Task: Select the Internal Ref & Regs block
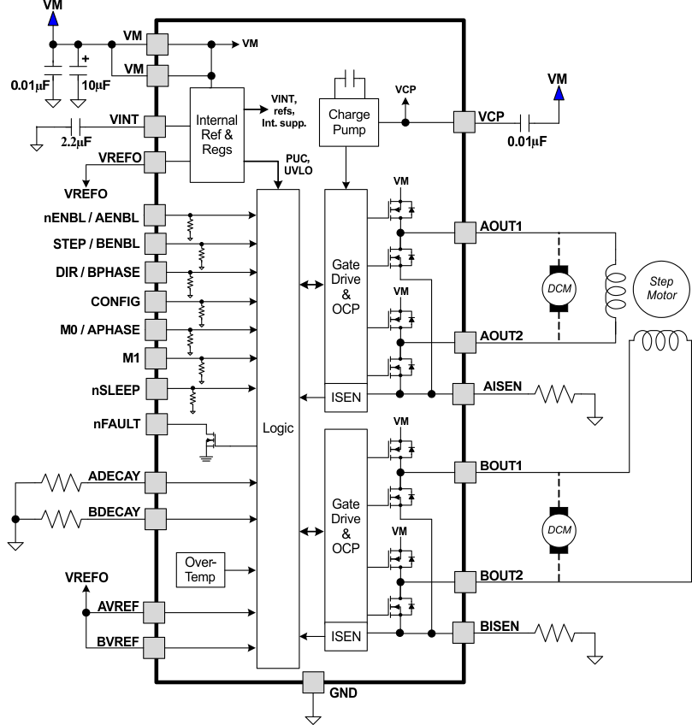point(216,133)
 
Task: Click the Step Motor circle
point(661,288)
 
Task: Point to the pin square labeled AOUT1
point(464,231)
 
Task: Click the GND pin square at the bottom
point(314,682)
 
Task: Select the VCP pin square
point(464,121)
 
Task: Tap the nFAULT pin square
point(156,423)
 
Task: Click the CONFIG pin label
point(115,301)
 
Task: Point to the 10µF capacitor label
point(97,86)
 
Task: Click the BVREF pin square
point(156,646)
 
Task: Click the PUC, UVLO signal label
point(296,164)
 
